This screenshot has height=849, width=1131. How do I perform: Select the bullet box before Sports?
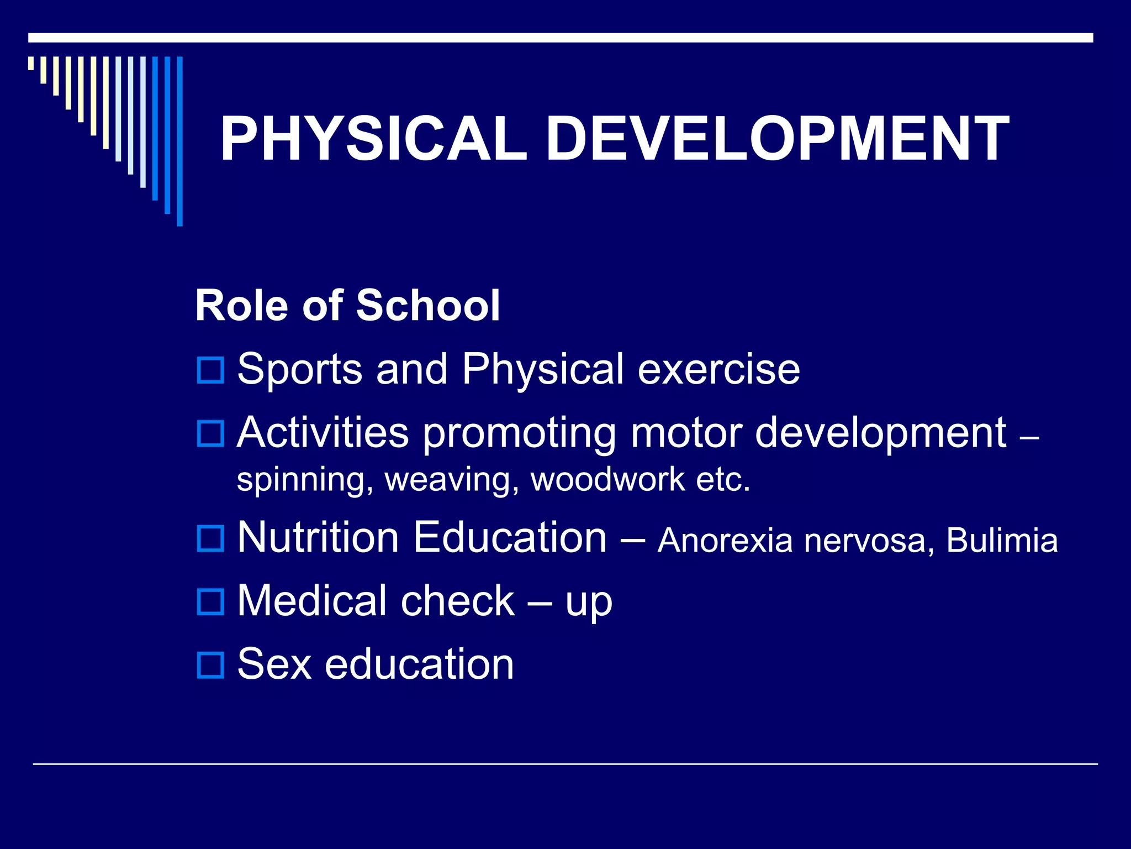210,370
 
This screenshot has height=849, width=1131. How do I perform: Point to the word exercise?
718,369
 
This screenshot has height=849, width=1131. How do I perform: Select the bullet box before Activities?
210,433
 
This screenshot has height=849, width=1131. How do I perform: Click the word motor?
686,432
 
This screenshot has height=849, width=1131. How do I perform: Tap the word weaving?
452,479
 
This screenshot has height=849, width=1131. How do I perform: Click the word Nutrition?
318,537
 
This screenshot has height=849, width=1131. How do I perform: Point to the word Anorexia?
725,540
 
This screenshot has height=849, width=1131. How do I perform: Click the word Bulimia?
1002,540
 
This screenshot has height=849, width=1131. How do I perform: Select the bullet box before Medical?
210,602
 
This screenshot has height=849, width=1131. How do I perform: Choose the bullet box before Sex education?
210,665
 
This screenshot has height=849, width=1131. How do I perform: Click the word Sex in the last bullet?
274,664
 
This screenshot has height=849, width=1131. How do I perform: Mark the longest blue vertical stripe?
179,141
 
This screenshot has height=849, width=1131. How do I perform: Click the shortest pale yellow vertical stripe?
31,63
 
